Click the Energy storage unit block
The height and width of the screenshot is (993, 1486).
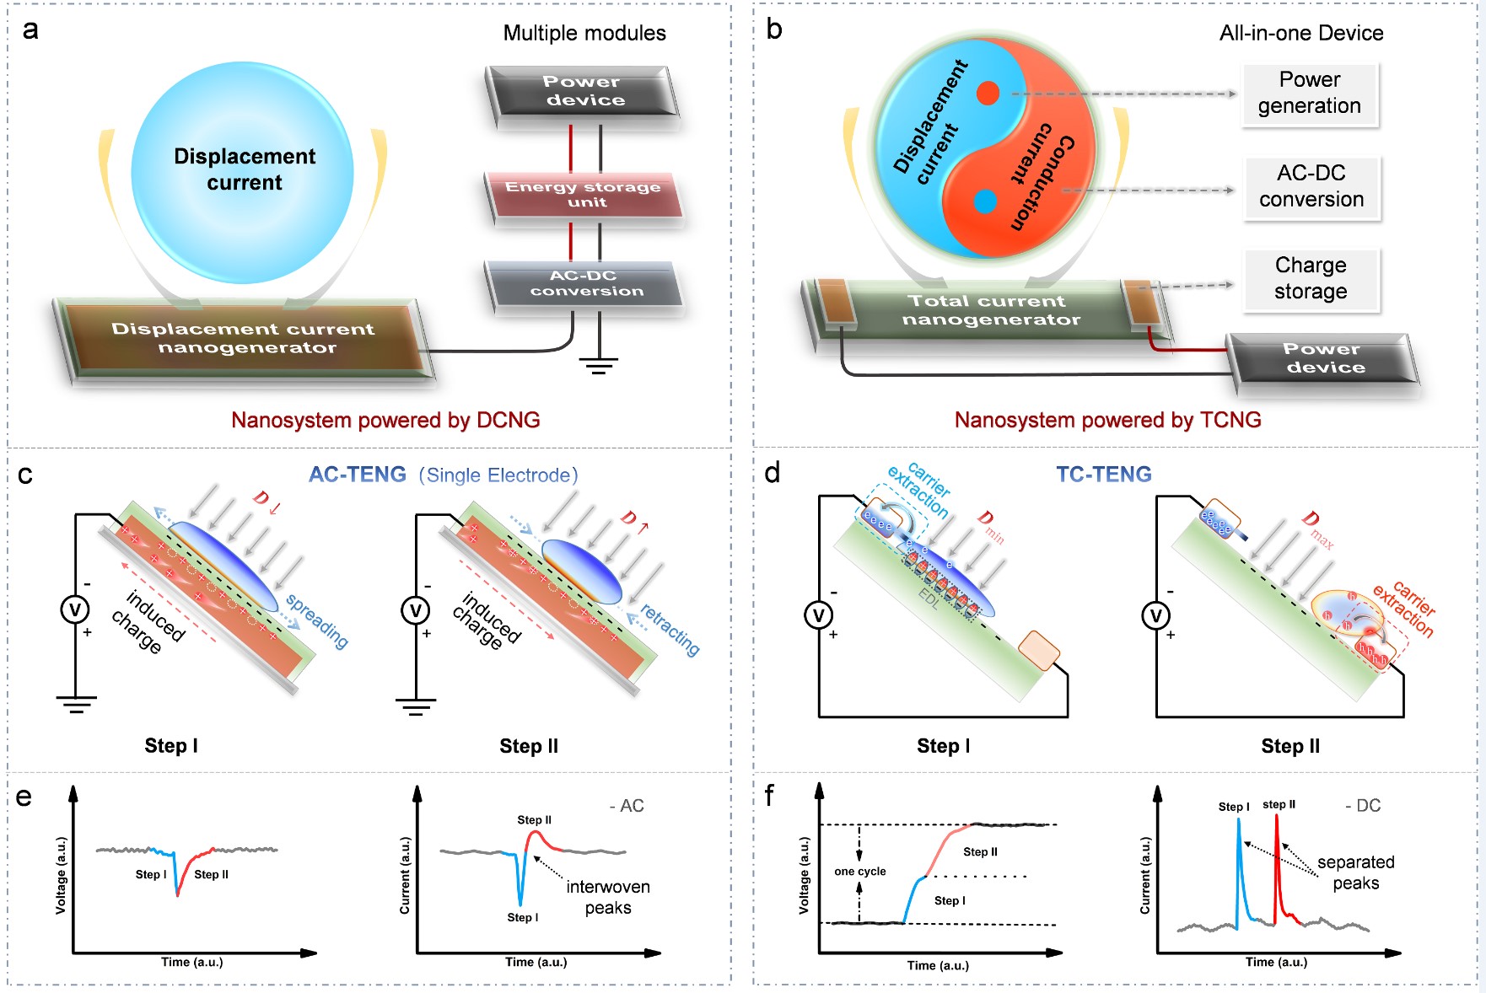584,195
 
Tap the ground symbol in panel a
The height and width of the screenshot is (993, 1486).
599,364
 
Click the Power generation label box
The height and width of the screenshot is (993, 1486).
1309,93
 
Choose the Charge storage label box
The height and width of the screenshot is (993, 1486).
1311,278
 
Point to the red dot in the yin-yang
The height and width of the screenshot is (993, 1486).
988,93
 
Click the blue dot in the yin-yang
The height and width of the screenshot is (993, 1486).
985,201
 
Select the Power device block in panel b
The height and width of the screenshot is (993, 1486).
1323,358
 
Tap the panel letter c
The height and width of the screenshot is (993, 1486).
25,475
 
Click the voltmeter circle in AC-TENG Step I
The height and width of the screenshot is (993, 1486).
75,609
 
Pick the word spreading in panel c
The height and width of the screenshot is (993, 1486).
317,621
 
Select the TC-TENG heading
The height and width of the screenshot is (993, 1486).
1103,475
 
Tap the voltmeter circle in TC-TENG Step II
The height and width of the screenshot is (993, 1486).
1155,615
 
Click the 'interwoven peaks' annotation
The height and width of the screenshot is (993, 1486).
608,897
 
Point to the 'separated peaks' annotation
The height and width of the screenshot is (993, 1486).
1355,872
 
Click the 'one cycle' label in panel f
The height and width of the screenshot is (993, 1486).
860,872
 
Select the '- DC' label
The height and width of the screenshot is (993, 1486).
1363,806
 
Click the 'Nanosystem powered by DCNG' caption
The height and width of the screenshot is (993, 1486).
385,420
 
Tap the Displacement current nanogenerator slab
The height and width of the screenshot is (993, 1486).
243,338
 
